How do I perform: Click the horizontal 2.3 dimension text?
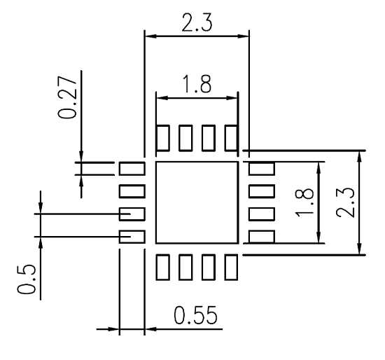tap(197, 22)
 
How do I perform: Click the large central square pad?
tap(197, 202)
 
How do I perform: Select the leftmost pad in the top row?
tap(162, 138)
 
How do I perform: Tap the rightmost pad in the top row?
tap(230, 138)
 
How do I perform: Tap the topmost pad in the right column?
tap(261, 168)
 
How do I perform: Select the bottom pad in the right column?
tap(261, 236)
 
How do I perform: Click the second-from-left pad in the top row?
tap(185, 138)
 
